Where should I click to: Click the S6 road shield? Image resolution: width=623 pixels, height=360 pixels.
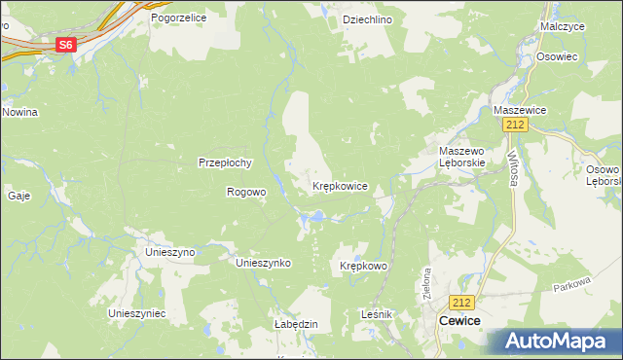click(65, 45)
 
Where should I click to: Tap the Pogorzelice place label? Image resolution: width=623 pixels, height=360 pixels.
click(180, 18)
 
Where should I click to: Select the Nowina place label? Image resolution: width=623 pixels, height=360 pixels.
click(19, 112)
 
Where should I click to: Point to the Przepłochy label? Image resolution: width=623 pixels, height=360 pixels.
click(226, 162)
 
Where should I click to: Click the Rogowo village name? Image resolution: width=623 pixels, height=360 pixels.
click(246, 192)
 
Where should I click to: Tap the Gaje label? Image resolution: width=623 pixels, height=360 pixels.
click(18, 195)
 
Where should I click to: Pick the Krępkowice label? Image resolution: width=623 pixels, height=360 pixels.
click(339, 185)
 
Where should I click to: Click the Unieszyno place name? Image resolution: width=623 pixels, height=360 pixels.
click(170, 251)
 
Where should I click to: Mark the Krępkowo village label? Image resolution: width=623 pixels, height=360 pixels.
click(364, 266)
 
